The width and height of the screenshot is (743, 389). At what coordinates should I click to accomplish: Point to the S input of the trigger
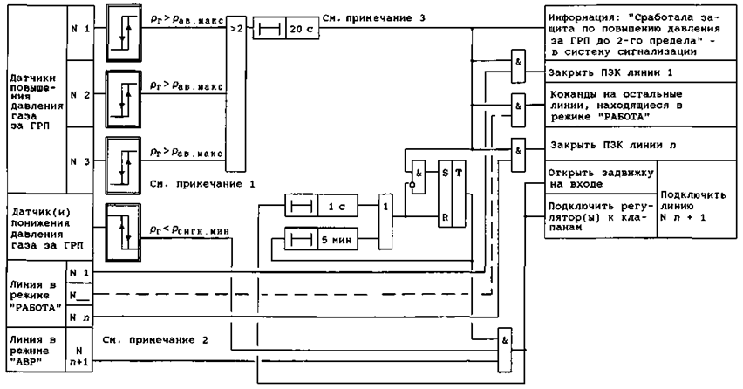(x=446, y=174)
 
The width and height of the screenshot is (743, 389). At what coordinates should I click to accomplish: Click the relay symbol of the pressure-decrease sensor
(x=123, y=229)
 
